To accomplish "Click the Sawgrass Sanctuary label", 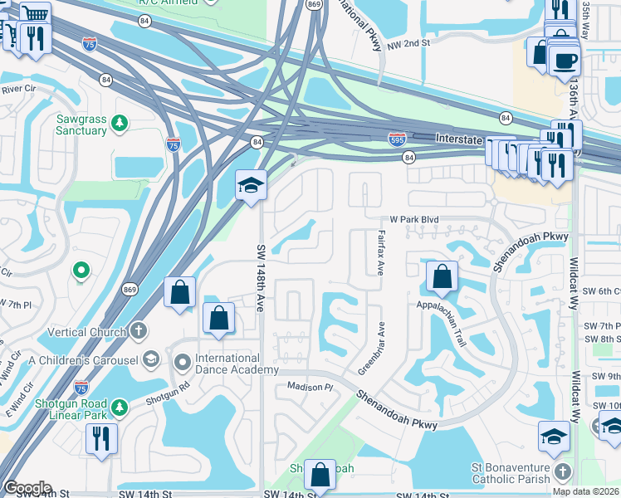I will (x=81, y=125).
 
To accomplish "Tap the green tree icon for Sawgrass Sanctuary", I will (x=120, y=123).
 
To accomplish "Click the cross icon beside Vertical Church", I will (x=139, y=331).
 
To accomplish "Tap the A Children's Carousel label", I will (x=83, y=359).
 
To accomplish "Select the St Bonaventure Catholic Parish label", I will (x=511, y=473).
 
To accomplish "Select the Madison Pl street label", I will (x=310, y=387).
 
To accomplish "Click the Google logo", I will (x=27, y=487).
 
